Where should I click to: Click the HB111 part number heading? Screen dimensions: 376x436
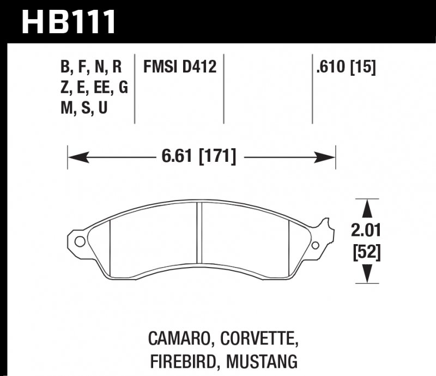(x=69, y=22)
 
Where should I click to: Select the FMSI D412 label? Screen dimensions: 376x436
(x=180, y=68)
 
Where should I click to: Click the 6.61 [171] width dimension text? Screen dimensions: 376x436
(x=198, y=157)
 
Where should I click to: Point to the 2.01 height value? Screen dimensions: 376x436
(x=365, y=232)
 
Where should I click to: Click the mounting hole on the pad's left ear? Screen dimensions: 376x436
(x=79, y=241)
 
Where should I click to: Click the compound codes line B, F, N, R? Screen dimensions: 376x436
(x=91, y=68)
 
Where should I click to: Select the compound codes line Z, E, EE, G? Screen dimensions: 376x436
(x=94, y=88)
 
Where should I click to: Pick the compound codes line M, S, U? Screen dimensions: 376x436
(x=84, y=108)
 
